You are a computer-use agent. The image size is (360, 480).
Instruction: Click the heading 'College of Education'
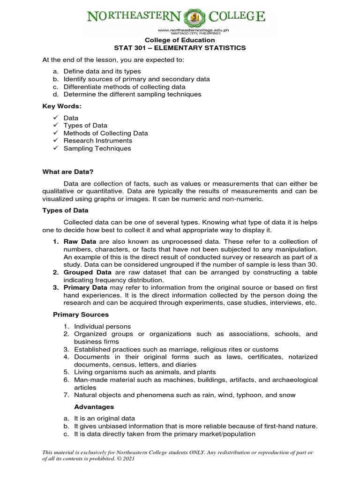tap(180, 40)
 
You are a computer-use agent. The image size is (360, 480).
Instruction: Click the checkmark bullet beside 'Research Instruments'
tap(55, 141)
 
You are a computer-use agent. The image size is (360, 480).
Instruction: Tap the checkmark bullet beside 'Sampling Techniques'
tap(55, 148)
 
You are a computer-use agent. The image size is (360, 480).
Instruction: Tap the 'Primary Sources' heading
tap(81, 315)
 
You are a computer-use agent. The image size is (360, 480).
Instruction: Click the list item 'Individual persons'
tap(102, 326)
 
